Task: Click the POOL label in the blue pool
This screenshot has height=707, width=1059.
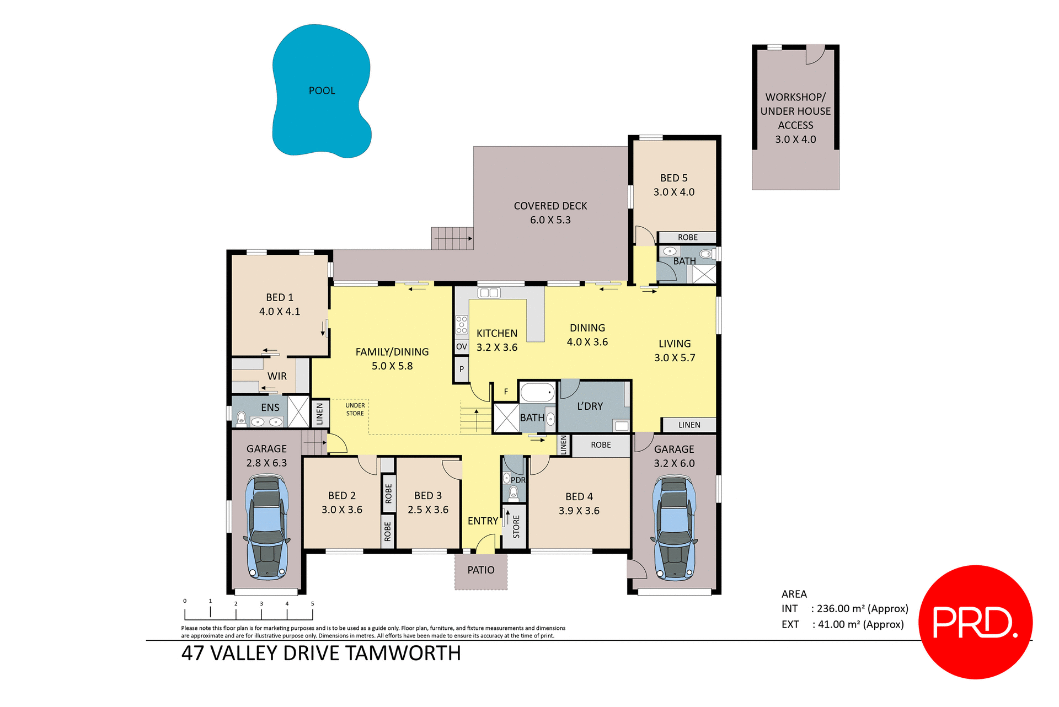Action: pyautogui.click(x=322, y=91)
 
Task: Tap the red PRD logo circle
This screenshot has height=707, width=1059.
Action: pyautogui.click(x=975, y=622)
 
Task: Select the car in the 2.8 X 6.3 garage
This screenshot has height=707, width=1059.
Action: pyautogui.click(x=267, y=528)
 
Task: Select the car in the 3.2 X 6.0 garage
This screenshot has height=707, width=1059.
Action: pyautogui.click(x=674, y=528)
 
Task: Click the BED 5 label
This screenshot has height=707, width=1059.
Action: pyautogui.click(x=673, y=178)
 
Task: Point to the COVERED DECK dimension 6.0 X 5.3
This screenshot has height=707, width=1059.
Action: pyautogui.click(x=550, y=220)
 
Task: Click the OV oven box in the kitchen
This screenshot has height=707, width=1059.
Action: pyautogui.click(x=461, y=347)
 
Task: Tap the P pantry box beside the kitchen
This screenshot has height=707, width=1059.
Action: pyautogui.click(x=461, y=369)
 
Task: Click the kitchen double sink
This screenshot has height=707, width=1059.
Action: pyautogui.click(x=489, y=293)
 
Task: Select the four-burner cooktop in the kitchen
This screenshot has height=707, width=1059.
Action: pyautogui.click(x=461, y=325)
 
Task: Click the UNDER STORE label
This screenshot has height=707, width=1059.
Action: pyautogui.click(x=355, y=409)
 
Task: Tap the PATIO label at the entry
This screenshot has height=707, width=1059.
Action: pyautogui.click(x=480, y=570)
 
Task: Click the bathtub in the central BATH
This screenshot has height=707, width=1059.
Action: pyautogui.click(x=537, y=393)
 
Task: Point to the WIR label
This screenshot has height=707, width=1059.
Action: pyautogui.click(x=277, y=376)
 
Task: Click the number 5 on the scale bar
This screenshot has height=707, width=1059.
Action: pyautogui.click(x=312, y=604)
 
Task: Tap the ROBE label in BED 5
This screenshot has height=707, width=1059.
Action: pyautogui.click(x=687, y=238)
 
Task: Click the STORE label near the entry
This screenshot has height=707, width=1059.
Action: pyautogui.click(x=516, y=527)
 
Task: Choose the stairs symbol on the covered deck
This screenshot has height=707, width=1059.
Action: pyautogui.click(x=452, y=238)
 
